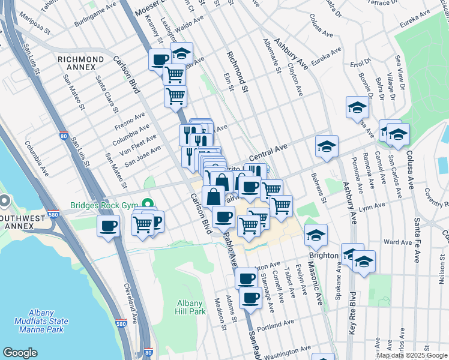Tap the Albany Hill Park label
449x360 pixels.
[x=191, y=307]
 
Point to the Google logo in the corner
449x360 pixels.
[x=20, y=353]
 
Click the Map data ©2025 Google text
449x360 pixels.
[x=412, y=355]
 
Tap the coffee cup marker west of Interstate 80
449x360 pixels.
[x=109, y=226]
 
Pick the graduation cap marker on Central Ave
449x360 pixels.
[x=327, y=146]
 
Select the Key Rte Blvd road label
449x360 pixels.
[x=352, y=313]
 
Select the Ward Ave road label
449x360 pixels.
[x=397, y=242]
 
